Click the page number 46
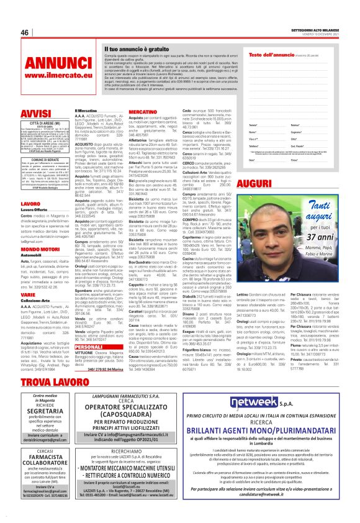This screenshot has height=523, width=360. [25, 32]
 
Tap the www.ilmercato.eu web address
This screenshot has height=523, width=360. [55, 76]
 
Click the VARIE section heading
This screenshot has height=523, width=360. [29, 296]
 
